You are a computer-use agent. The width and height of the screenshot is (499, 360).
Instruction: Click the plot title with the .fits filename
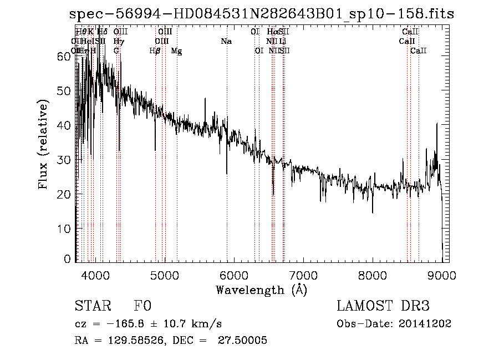(261, 14)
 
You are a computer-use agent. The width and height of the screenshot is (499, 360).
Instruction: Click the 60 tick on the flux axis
(64, 56)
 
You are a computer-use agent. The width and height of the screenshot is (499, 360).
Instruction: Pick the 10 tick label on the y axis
(64, 229)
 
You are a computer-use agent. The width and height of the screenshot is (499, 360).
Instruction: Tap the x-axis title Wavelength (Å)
(261, 290)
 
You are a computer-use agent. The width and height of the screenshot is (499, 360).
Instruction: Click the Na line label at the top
(226, 42)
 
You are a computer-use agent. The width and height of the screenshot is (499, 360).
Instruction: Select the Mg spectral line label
(176, 51)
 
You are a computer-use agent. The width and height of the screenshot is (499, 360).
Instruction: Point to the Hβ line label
(155, 51)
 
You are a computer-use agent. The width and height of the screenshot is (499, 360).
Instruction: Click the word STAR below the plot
(90, 306)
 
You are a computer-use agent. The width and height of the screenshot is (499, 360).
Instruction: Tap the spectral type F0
(142, 306)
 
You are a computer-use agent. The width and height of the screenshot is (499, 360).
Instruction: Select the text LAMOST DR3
(383, 306)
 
